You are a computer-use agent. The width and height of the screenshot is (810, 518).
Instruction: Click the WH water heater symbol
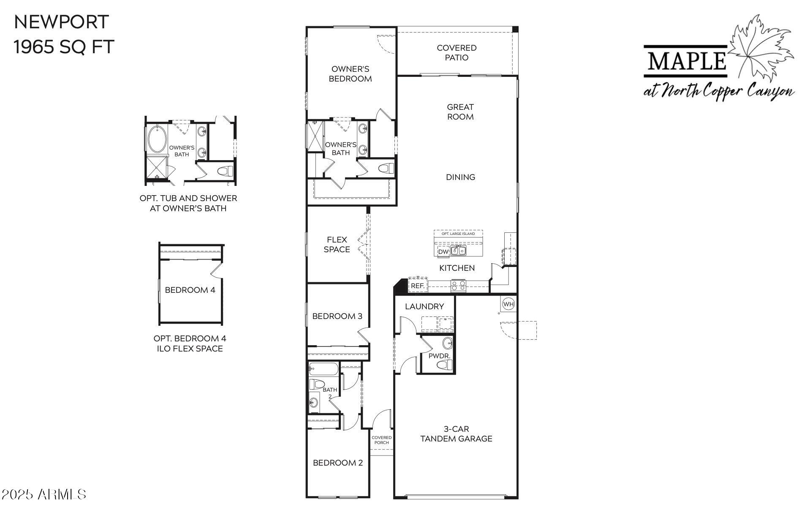point(508,304)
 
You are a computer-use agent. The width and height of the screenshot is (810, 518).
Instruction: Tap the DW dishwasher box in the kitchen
point(443,252)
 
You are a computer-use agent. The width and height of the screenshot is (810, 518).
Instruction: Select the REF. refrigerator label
point(417,286)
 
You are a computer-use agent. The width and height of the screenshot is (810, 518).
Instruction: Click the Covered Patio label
point(457,53)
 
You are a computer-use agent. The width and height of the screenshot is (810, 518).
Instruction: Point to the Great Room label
point(460,112)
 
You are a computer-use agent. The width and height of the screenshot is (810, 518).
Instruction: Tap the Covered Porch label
point(381,440)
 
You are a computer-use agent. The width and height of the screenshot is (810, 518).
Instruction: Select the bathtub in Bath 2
point(323,369)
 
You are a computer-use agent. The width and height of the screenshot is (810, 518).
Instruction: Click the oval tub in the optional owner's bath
point(156,139)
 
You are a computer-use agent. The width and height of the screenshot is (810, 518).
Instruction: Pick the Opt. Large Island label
point(458,234)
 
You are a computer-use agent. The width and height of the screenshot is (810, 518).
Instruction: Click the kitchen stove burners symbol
point(458,286)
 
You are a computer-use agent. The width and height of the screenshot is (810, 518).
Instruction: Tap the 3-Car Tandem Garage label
point(456,434)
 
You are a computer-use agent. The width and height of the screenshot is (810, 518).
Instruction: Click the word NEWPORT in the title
point(62,22)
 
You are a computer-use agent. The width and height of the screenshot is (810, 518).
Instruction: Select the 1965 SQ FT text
point(64,47)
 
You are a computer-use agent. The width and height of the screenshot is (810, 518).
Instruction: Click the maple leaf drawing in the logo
point(760,51)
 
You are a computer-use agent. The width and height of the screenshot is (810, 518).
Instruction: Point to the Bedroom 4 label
point(190,290)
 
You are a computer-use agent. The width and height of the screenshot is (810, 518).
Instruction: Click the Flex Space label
point(337,245)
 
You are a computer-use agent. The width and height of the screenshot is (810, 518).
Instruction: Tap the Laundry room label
point(424,307)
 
